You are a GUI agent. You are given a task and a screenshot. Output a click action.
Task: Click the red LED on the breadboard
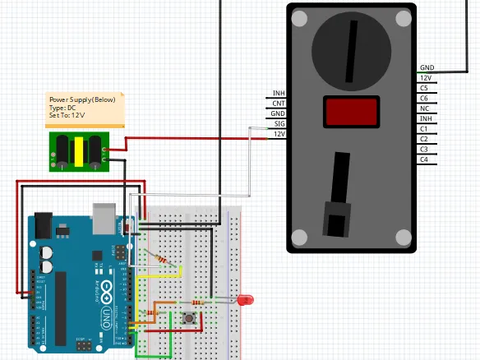coord(244,300)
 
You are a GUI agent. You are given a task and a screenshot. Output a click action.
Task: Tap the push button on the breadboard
coord(192,316)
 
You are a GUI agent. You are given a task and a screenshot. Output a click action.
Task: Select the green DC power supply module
coord(78,151)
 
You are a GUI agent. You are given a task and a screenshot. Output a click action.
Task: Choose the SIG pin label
coord(279,123)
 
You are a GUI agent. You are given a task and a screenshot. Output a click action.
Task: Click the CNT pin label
coord(279,103)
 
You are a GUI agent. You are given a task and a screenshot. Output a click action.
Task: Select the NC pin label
coord(423,108)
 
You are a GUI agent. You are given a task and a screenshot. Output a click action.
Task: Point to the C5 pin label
coord(423,87)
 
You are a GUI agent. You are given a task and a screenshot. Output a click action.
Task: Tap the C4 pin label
coord(423,159)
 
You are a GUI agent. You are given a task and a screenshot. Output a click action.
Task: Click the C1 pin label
coord(423,129)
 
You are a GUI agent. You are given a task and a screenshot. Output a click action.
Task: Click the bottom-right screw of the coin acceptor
coord(403,238)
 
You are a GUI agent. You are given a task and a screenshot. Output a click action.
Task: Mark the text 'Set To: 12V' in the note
coord(67,116)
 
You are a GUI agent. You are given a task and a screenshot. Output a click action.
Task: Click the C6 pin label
coord(423,98)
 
